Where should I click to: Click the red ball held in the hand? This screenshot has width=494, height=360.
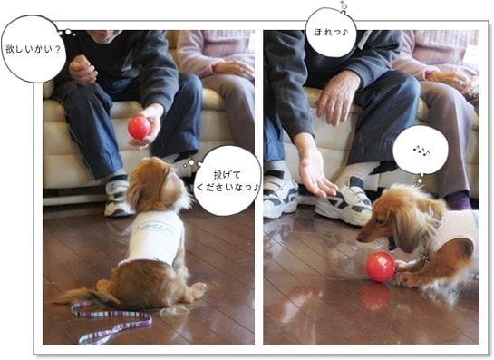click(139, 127)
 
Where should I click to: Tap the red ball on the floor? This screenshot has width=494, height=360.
click(381, 267)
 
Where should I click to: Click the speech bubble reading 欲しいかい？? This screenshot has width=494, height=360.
click(34, 49)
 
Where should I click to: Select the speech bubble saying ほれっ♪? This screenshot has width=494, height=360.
click(331, 33)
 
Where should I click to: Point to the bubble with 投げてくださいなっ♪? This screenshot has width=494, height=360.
click(227, 180)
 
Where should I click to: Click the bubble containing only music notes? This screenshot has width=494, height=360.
click(421, 151)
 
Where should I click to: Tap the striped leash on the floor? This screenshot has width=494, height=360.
click(111, 322)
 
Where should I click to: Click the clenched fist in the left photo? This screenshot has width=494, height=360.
click(82, 70)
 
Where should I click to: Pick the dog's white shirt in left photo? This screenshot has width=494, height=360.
click(155, 237)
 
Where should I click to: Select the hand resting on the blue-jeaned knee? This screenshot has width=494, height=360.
click(337, 98)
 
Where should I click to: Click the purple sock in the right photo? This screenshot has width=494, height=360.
click(459, 199)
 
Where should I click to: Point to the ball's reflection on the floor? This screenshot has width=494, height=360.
click(375, 296)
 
